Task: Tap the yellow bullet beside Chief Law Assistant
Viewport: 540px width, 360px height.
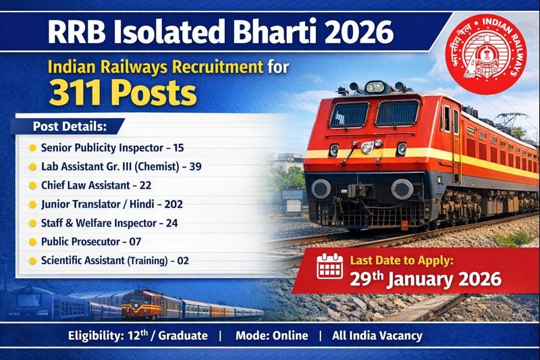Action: coord(32,184)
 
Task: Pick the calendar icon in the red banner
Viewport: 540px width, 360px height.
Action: coord(330,266)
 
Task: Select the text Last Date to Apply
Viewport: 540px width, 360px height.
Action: coord(406,259)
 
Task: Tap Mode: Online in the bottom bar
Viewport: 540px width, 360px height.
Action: coord(271,336)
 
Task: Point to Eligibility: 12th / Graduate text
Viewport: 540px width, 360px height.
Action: coord(138,336)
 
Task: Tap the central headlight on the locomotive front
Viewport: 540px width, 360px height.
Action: coord(367,147)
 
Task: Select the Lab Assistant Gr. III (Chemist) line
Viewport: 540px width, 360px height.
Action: coord(121,165)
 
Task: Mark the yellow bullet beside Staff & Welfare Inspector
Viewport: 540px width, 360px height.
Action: coord(32,222)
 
